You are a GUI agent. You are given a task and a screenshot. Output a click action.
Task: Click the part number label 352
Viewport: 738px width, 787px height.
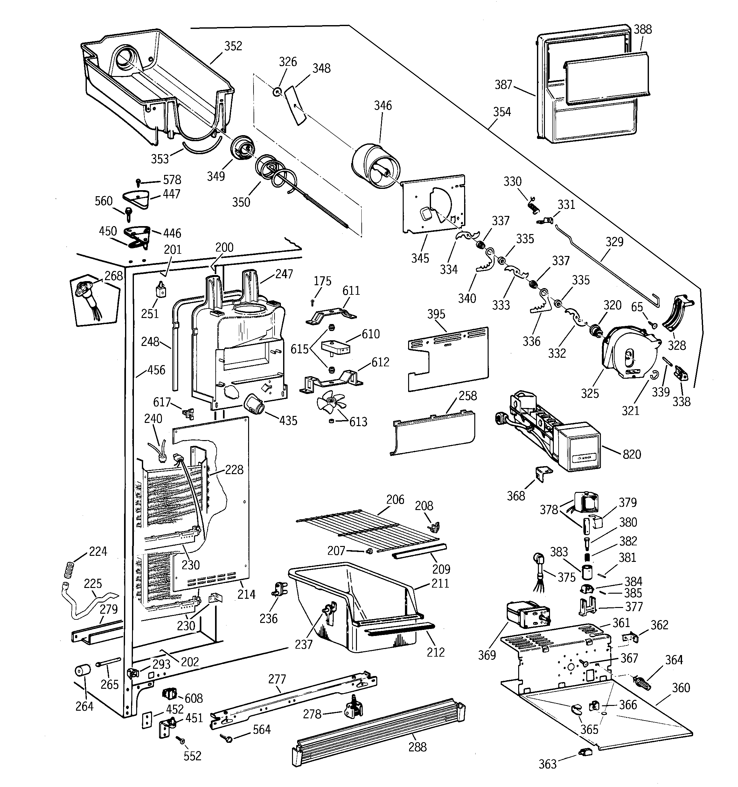[x=233, y=46]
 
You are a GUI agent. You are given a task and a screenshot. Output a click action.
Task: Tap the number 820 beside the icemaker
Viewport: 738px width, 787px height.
[x=631, y=454]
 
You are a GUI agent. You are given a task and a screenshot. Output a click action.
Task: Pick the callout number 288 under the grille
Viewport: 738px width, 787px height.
[x=418, y=747]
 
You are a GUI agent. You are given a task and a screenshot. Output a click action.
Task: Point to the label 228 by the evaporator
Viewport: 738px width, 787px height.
[x=234, y=470]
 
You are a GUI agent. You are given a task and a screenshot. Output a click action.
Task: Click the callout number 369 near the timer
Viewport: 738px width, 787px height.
[x=487, y=655]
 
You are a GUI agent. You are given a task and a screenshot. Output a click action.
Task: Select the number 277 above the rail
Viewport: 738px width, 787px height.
[x=277, y=679]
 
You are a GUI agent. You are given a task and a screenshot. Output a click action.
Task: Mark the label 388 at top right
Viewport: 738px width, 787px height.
[x=643, y=29]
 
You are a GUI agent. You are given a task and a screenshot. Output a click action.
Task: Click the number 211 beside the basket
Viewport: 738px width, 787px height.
[x=440, y=583]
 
